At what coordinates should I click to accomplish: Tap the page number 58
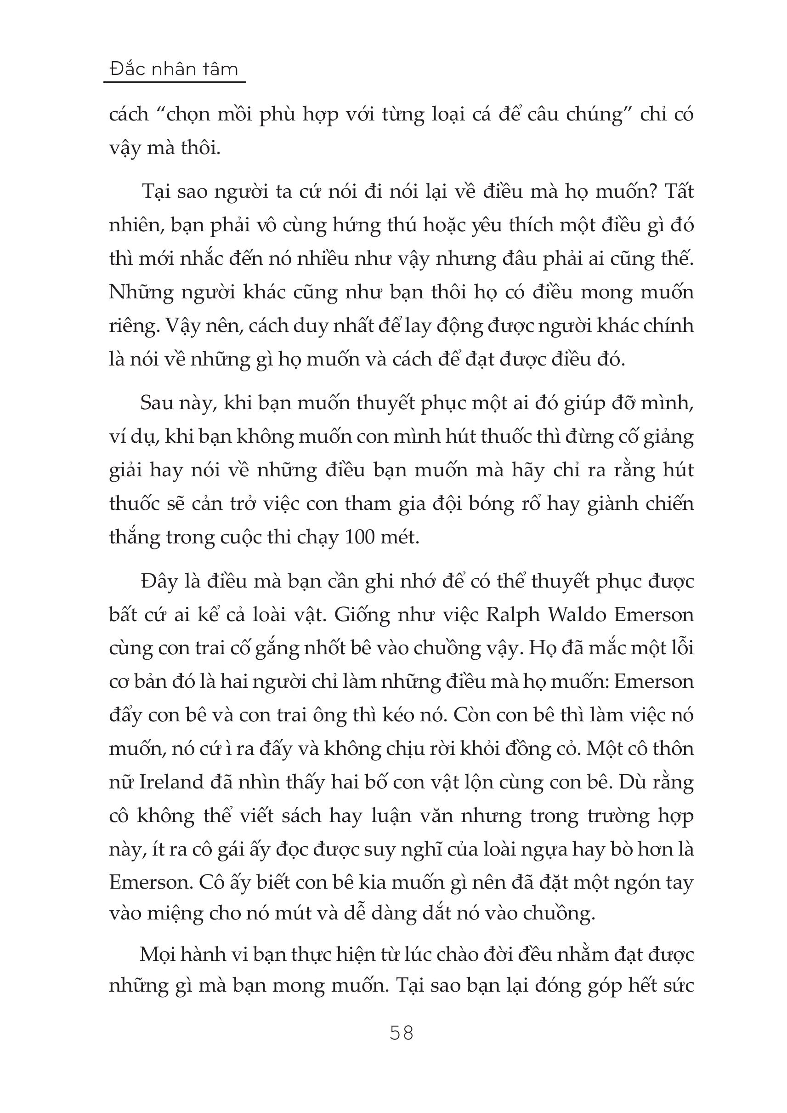coord(401,1033)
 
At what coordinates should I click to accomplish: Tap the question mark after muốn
coord(652,192)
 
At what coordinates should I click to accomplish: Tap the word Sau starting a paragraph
coord(157,403)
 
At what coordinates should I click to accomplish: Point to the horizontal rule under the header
coord(175,82)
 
